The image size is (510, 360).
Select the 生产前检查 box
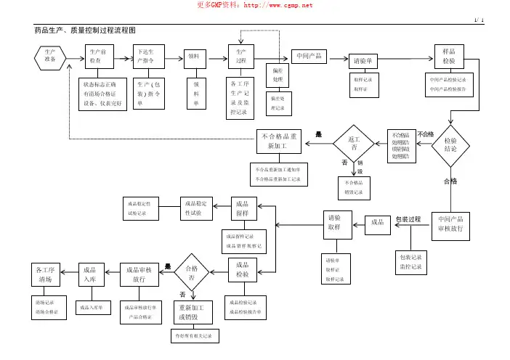pyautogui.click(x=99, y=56)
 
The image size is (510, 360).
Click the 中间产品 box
pyautogui.click(x=309, y=57)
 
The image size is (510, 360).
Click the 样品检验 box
pyautogui.click(x=449, y=56)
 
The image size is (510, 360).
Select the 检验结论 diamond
pyautogui.click(x=450, y=144)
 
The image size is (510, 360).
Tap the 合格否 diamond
pyautogui.click(x=193, y=273)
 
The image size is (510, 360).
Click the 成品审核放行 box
pyautogui.click(x=139, y=273)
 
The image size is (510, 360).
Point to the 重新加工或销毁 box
pyautogui.click(x=193, y=312)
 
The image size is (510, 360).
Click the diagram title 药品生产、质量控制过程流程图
pyautogui.click(x=85, y=30)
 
